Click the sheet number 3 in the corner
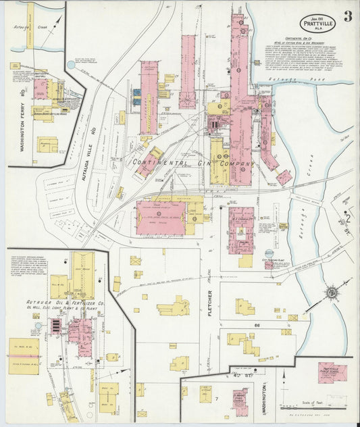[346, 16]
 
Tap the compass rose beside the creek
[332, 293]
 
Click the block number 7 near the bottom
[216, 399]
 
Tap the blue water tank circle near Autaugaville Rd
[70, 65]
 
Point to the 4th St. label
[239, 376]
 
